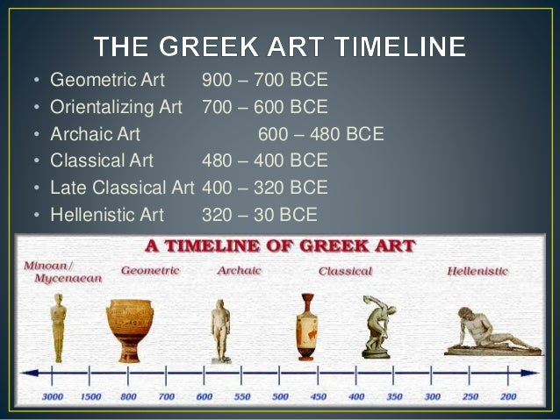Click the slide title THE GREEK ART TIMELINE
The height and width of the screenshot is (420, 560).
280,46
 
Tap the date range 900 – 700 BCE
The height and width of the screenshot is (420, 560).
264,82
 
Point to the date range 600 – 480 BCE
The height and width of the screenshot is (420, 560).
320,135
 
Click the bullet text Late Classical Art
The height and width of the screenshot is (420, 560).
121,188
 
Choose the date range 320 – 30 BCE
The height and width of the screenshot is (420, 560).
259,214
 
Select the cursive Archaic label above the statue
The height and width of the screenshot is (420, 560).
239,271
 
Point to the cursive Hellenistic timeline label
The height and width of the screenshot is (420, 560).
477,272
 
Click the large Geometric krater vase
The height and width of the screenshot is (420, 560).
128,330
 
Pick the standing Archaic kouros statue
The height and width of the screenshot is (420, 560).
220,330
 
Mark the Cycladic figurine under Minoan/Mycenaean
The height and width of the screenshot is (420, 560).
58,327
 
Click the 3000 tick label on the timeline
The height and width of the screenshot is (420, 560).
52,396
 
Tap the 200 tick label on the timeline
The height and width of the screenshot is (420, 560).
508,396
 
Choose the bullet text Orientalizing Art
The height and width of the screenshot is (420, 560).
116,108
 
